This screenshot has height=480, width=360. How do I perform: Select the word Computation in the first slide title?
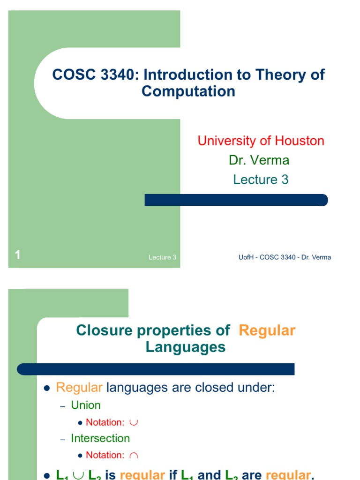click(x=188, y=91)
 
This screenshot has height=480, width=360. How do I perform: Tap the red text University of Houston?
click(x=261, y=141)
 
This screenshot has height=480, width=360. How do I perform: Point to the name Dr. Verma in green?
click(x=259, y=160)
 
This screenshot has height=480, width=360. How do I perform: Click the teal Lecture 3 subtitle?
click(x=261, y=180)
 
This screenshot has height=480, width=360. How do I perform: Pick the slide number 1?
click(x=17, y=255)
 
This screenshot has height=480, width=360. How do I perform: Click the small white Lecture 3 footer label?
click(x=162, y=257)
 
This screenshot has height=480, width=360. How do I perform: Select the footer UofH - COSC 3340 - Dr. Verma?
click(x=285, y=257)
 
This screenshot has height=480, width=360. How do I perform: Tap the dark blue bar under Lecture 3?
click(x=236, y=200)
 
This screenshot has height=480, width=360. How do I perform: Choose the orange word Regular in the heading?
click(x=267, y=330)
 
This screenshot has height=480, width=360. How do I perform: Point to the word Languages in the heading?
click(x=186, y=347)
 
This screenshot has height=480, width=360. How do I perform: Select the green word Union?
click(x=86, y=405)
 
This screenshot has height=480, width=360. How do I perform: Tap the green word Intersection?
click(x=100, y=438)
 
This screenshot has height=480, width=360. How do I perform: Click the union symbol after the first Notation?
click(x=134, y=422)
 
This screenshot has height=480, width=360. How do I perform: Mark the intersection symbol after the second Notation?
click(x=134, y=455)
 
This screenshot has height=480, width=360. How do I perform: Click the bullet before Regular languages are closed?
click(x=46, y=389)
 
